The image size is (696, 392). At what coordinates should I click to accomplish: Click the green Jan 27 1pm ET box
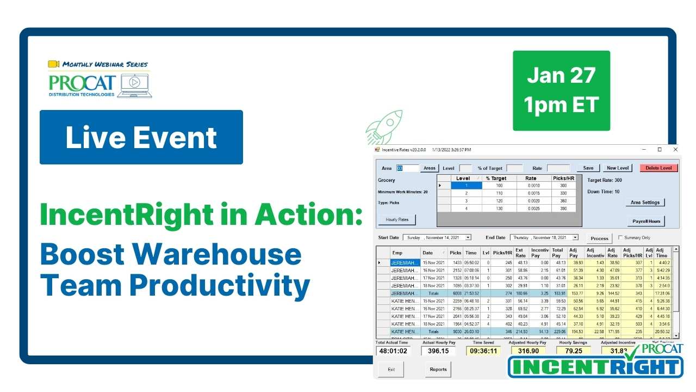pyautogui.click(x=561, y=90)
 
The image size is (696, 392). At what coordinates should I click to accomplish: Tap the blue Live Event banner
pyautogui.click(x=141, y=137)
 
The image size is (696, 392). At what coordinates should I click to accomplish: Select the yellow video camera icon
pyautogui.click(x=53, y=64)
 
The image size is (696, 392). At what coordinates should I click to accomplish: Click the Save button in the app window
pyautogui.click(x=588, y=168)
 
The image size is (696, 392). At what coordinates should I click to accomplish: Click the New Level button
pyautogui.click(x=618, y=168)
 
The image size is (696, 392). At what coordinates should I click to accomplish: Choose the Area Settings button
pyautogui.click(x=645, y=203)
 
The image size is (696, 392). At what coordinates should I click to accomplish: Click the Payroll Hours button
pyautogui.click(x=646, y=222)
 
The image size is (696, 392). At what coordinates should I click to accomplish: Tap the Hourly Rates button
pyautogui.click(x=397, y=220)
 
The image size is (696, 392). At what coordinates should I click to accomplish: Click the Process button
pyautogui.click(x=599, y=238)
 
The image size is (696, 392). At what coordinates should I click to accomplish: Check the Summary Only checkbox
pyautogui.click(x=620, y=238)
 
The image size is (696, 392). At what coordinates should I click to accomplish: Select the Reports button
pyautogui.click(x=438, y=369)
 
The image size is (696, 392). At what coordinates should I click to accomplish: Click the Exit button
pyautogui.click(x=391, y=369)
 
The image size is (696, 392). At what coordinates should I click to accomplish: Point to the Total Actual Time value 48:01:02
pyautogui.click(x=393, y=351)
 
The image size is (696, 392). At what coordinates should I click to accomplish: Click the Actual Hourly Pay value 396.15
pyautogui.click(x=438, y=351)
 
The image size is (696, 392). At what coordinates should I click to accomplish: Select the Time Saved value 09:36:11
pyautogui.click(x=483, y=351)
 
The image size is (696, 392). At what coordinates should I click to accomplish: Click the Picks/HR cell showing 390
pyautogui.click(x=563, y=209)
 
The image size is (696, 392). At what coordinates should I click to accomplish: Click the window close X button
pyautogui.click(x=675, y=149)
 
